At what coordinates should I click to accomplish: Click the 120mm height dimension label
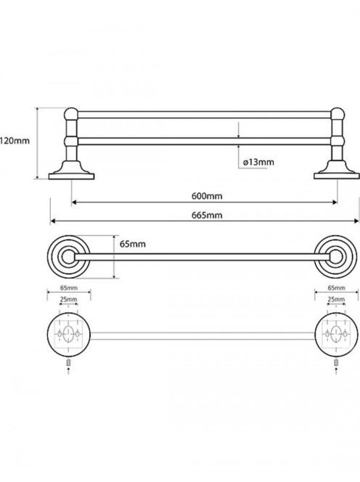click(x=15, y=141)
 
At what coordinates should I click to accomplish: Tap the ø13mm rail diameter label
click(x=258, y=162)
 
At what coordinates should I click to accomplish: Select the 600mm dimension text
click(x=207, y=196)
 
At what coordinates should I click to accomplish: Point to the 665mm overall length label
click(x=207, y=215)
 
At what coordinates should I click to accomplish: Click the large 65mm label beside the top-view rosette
click(x=133, y=244)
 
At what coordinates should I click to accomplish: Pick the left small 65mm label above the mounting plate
click(x=68, y=287)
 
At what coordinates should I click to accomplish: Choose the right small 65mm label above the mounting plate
click(x=336, y=287)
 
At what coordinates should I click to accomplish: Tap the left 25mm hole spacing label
click(x=68, y=299)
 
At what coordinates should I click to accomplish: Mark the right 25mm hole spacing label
click(x=336, y=299)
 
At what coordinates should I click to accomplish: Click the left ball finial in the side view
click(x=71, y=114)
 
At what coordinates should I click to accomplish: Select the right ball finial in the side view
click(x=337, y=114)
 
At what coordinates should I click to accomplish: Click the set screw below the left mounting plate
click(x=68, y=362)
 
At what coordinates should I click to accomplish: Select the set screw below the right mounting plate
click(x=336, y=362)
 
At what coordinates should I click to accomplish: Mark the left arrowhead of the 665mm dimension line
click(x=52, y=221)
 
